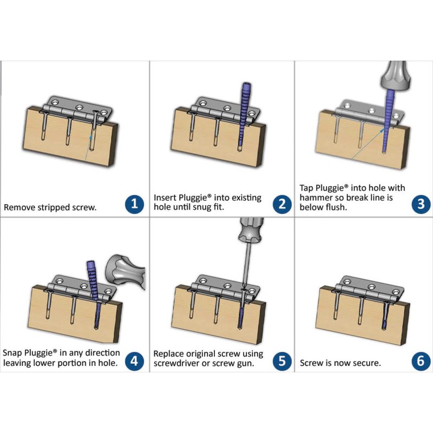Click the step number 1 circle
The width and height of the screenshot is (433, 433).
pyautogui.click(x=134, y=204)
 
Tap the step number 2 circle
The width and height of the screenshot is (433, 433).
pyautogui.click(x=282, y=204)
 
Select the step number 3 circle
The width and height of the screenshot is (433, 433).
pyautogui.click(x=421, y=204)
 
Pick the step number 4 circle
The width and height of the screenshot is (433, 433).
pyautogui.click(x=134, y=361)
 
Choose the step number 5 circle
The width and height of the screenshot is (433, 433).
pyautogui.click(x=282, y=361)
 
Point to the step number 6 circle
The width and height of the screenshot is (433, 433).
pyautogui.click(x=421, y=361)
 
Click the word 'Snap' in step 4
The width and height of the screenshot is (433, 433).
pyautogui.click(x=12, y=353)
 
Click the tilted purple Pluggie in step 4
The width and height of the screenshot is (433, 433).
pyautogui.click(x=94, y=293)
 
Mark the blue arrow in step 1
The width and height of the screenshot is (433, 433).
pyautogui.click(x=88, y=148)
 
